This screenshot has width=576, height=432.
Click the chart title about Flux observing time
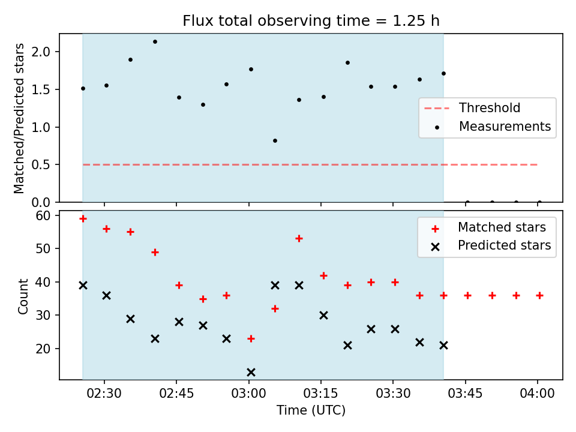(311, 21)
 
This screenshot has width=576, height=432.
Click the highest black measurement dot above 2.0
(155, 42)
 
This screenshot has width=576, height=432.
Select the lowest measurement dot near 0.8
(275, 140)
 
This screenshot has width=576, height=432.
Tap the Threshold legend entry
(472, 108)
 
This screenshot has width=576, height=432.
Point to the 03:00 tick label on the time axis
(248, 394)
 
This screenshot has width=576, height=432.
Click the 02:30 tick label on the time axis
(104, 394)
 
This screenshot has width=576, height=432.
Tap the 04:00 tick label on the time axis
(538, 394)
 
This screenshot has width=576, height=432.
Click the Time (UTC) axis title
(311, 410)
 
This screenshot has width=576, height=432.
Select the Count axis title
(23, 296)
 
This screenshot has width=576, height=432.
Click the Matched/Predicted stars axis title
(19, 118)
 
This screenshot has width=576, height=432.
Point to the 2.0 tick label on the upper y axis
(41, 52)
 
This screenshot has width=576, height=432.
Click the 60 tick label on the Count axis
(43, 215)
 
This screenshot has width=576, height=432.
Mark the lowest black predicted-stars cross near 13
(251, 373)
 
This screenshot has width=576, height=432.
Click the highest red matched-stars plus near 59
(83, 219)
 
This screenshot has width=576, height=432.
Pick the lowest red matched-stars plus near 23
(251, 338)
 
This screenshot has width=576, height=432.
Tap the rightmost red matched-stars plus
(539, 295)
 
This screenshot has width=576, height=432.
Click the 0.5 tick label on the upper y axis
(41, 164)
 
